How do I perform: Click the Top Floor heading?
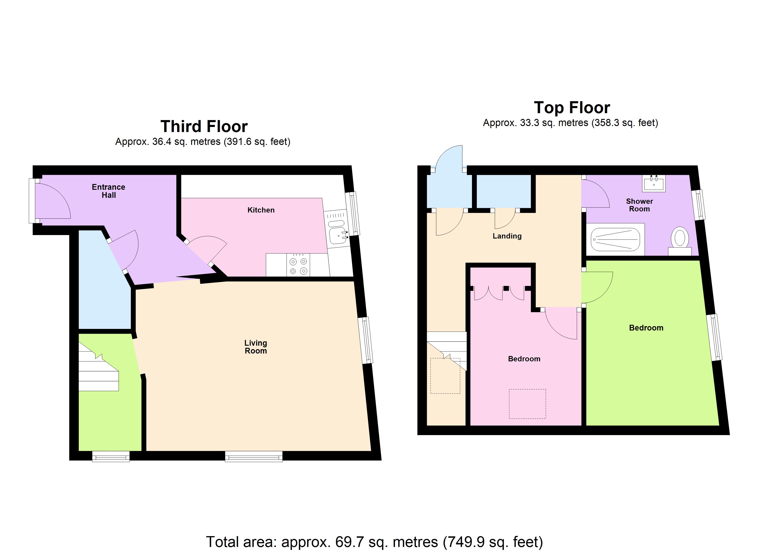572,108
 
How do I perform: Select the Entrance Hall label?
108,191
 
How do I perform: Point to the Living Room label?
256,347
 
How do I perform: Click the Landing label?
507,236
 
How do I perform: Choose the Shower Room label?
639,205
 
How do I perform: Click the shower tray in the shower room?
615,239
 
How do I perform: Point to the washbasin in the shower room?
654,184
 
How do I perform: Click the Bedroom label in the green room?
646,328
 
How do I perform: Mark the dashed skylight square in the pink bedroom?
527,404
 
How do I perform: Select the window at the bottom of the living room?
254,456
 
